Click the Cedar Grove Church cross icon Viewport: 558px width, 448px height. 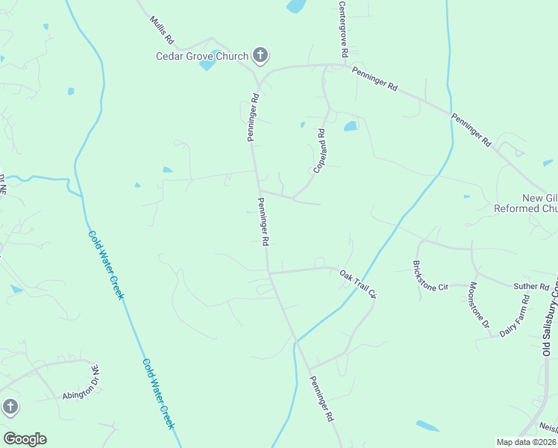coord(260,55)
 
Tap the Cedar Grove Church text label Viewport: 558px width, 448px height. coord(202,55)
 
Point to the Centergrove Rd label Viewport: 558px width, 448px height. coord(342,30)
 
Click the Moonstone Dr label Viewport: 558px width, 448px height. coord(479,305)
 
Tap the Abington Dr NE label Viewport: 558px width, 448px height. coord(81,388)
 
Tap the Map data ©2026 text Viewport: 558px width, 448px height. coord(526,442)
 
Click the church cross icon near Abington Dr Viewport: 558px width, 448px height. coord(10,407)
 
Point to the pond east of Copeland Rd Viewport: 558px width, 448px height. coord(350,126)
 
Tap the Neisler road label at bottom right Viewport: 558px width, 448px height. coord(548,429)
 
